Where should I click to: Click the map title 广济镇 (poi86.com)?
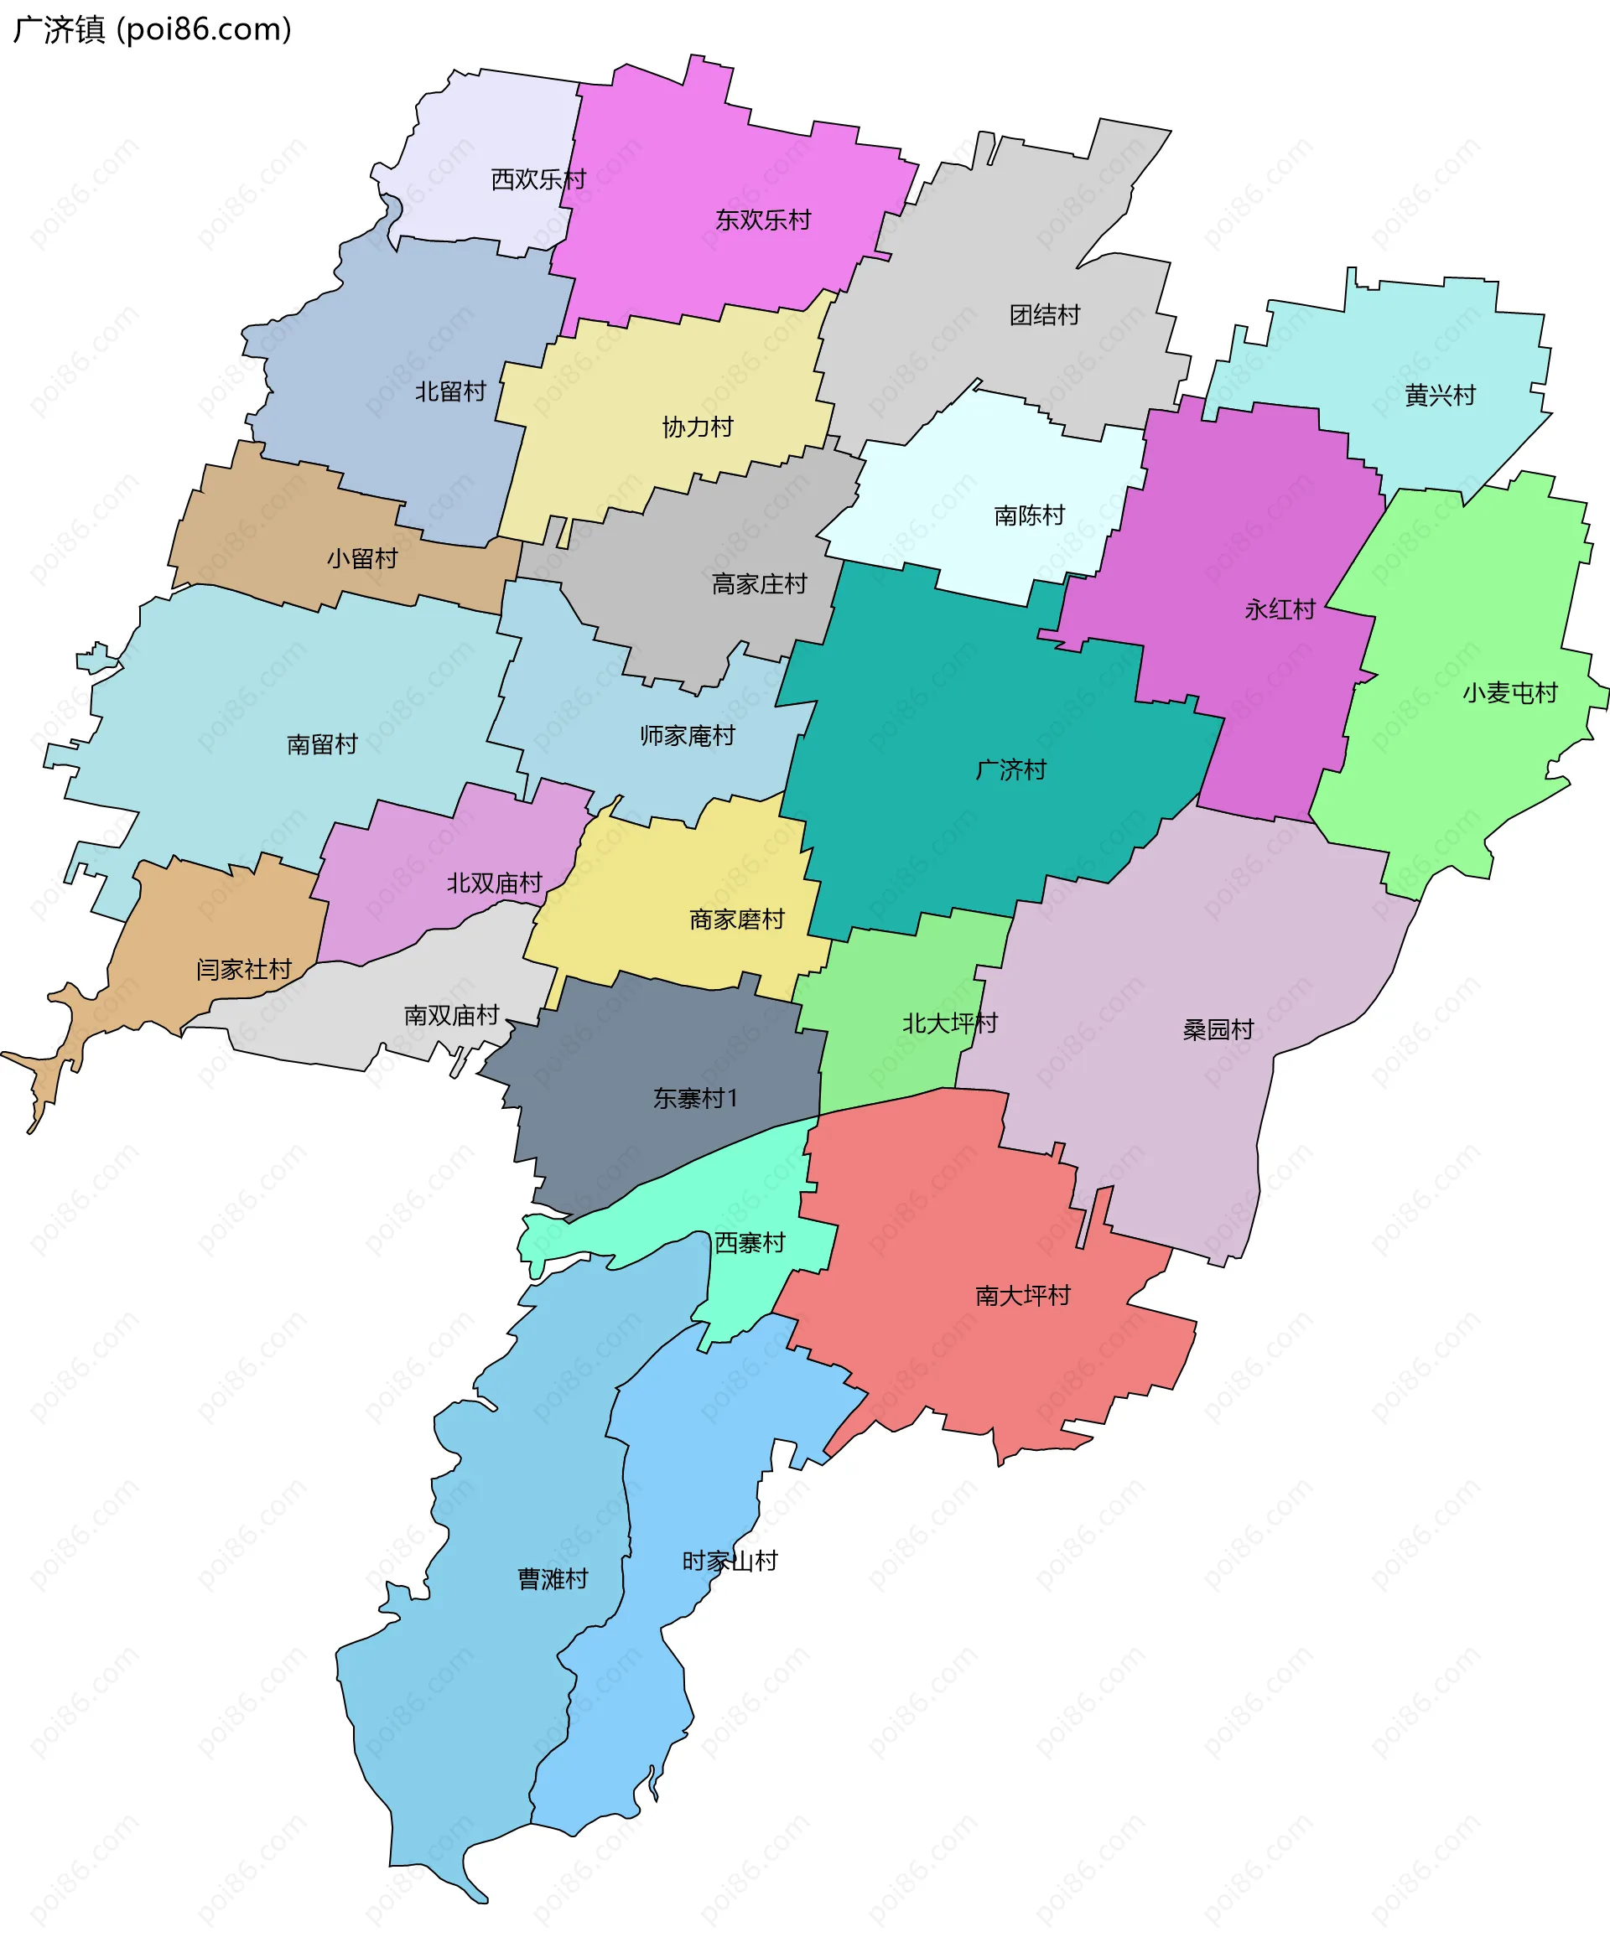click(153, 29)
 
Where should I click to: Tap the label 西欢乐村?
click(538, 179)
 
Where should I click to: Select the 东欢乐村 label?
click(762, 220)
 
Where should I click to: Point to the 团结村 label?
click(1044, 315)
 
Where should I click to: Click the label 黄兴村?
click(1439, 396)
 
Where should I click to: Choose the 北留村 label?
click(449, 391)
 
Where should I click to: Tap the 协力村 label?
click(698, 427)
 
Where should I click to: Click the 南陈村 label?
click(1029, 515)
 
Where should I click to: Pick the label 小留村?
click(361, 558)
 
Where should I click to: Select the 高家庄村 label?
click(759, 584)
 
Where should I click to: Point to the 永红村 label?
click(1280, 610)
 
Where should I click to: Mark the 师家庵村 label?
click(688, 735)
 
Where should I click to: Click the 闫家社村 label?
click(244, 969)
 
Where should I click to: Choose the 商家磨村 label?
click(736, 919)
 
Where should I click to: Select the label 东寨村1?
click(694, 1099)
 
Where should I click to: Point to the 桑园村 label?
click(1218, 1029)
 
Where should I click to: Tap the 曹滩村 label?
click(553, 1579)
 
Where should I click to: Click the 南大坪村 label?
click(1023, 1295)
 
